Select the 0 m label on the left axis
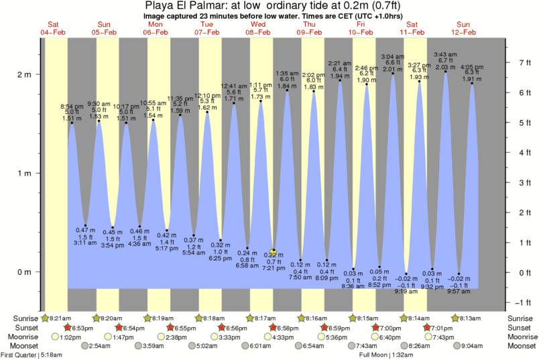pos(24,272)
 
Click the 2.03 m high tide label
pos(445,67)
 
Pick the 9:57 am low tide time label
pos(459,292)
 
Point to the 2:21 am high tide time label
pos(340,64)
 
